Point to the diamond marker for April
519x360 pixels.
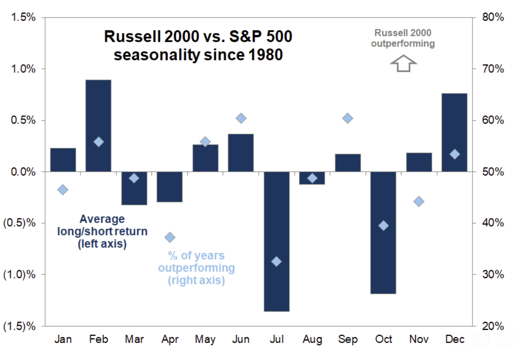point(170,237)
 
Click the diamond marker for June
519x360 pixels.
point(241,118)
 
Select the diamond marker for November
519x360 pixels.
point(419,202)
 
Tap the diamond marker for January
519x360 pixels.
point(63,190)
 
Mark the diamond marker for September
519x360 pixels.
point(348,118)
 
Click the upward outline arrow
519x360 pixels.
point(403,64)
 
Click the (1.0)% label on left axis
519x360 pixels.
point(19,275)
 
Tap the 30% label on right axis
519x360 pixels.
point(493,275)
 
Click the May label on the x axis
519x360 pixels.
point(205,340)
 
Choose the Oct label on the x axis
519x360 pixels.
point(383,340)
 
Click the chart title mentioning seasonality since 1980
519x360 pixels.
point(198,46)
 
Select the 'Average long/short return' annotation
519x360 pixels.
point(102,231)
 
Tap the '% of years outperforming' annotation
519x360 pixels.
point(196,268)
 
